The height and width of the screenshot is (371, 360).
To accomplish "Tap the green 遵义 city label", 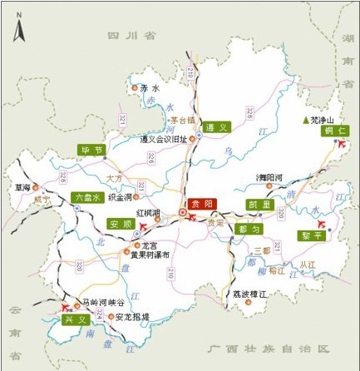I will (x=217, y=127).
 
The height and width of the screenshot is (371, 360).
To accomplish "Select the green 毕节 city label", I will (x=91, y=151).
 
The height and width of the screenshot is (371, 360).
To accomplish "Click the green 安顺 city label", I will (x=121, y=224).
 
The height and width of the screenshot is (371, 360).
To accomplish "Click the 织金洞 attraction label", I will (x=119, y=198).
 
